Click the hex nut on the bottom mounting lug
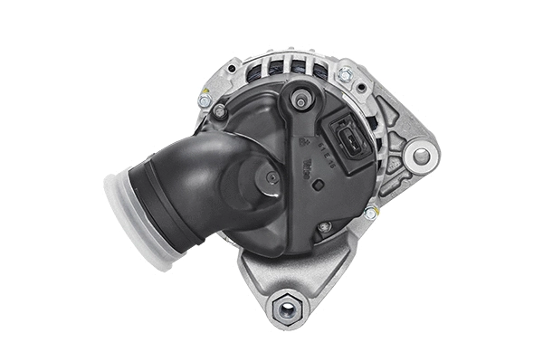(x=288, y=308)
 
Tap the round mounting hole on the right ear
(x=421, y=157)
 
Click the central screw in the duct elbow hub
(x=271, y=178)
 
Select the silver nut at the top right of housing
(x=344, y=75)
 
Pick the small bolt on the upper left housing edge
(x=205, y=100)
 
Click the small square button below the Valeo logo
(x=318, y=185)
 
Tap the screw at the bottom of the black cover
(x=324, y=227)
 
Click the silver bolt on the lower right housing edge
(x=370, y=213)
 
